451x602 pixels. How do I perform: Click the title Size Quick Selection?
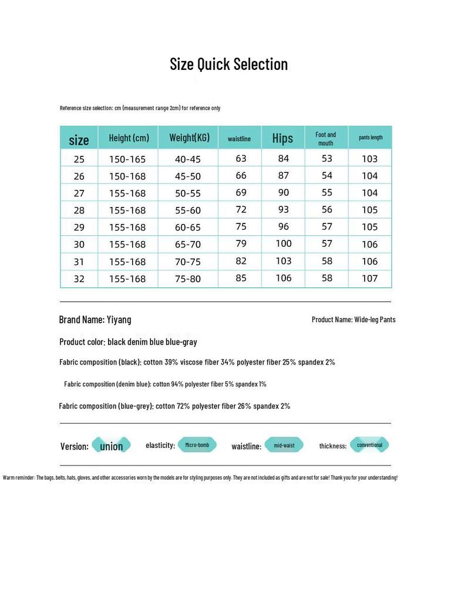228,64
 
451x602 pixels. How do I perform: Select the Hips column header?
282,138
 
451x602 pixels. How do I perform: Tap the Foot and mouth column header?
326,139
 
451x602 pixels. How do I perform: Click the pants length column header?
371,138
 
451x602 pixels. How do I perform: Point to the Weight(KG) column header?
189,138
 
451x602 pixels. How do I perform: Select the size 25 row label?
79,159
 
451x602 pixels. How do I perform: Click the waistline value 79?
241,243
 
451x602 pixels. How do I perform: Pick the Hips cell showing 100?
284,243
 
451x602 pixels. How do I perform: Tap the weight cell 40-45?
188,159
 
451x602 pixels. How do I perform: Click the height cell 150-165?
127,159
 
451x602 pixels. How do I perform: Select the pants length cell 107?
370,278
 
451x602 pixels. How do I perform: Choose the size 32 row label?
79,279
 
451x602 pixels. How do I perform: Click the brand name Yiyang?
118,320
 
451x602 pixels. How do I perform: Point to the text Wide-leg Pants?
375,320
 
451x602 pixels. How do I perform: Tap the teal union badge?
112,446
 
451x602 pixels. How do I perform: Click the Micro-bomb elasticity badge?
197,445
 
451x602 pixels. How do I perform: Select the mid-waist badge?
284,446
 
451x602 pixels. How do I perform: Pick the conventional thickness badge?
369,445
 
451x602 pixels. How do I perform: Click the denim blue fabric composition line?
165,384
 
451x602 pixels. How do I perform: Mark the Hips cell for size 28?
284,210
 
